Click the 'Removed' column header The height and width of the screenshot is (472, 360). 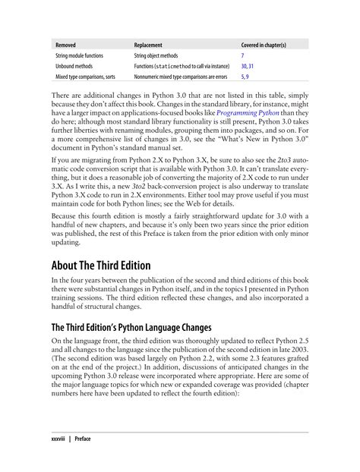pyautogui.click(x=66, y=45)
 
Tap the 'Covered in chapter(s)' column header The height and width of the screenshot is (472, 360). pyautogui.click(x=270, y=45)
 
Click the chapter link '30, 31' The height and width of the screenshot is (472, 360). pyautogui.click(x=248, y=67)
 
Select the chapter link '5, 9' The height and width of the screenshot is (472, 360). pyautogui.click(x=245, y=77)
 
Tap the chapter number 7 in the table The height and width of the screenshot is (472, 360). pyautogui.click(x=242, y=56)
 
